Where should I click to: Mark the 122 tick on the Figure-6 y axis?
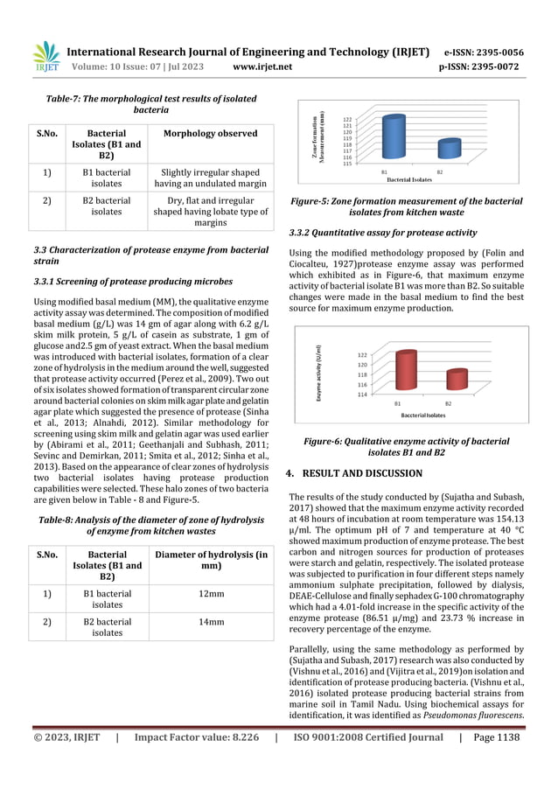363,355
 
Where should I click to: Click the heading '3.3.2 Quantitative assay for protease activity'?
382,233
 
